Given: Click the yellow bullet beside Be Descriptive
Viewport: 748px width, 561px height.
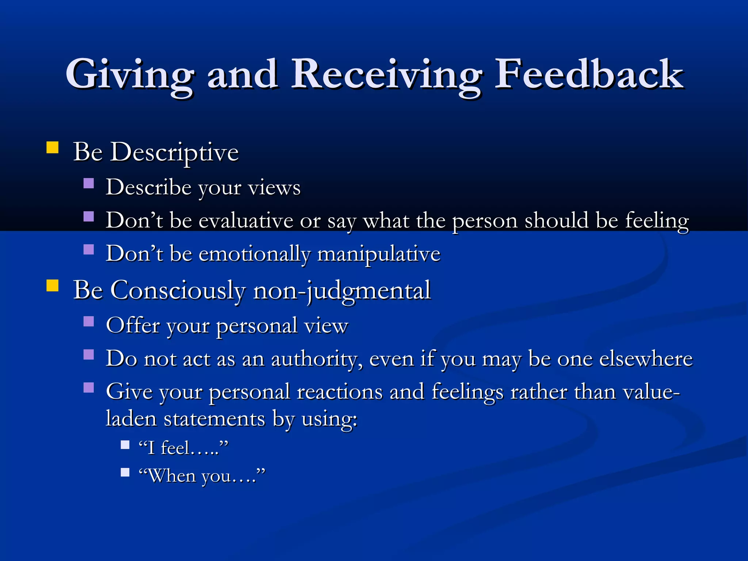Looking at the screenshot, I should point(53,147).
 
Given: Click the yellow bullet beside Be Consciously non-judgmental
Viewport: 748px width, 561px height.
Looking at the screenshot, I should point(53,286).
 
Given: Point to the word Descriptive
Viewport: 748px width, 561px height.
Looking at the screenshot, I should point(174,152).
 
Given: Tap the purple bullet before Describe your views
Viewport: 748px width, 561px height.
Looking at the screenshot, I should point(89,183).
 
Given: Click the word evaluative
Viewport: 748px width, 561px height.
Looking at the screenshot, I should point(246,221).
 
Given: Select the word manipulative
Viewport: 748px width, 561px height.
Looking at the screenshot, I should point(379,254).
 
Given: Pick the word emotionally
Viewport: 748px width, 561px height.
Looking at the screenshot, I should point(254,254).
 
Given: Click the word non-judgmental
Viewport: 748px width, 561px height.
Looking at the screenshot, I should point(342,291).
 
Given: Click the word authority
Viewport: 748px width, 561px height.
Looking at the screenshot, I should point(317,359).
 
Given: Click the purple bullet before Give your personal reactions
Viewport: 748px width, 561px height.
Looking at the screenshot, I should point(89,387).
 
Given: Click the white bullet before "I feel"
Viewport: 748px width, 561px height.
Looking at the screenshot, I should point(125,444).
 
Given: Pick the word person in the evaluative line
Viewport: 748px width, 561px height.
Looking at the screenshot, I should point(485,221).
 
